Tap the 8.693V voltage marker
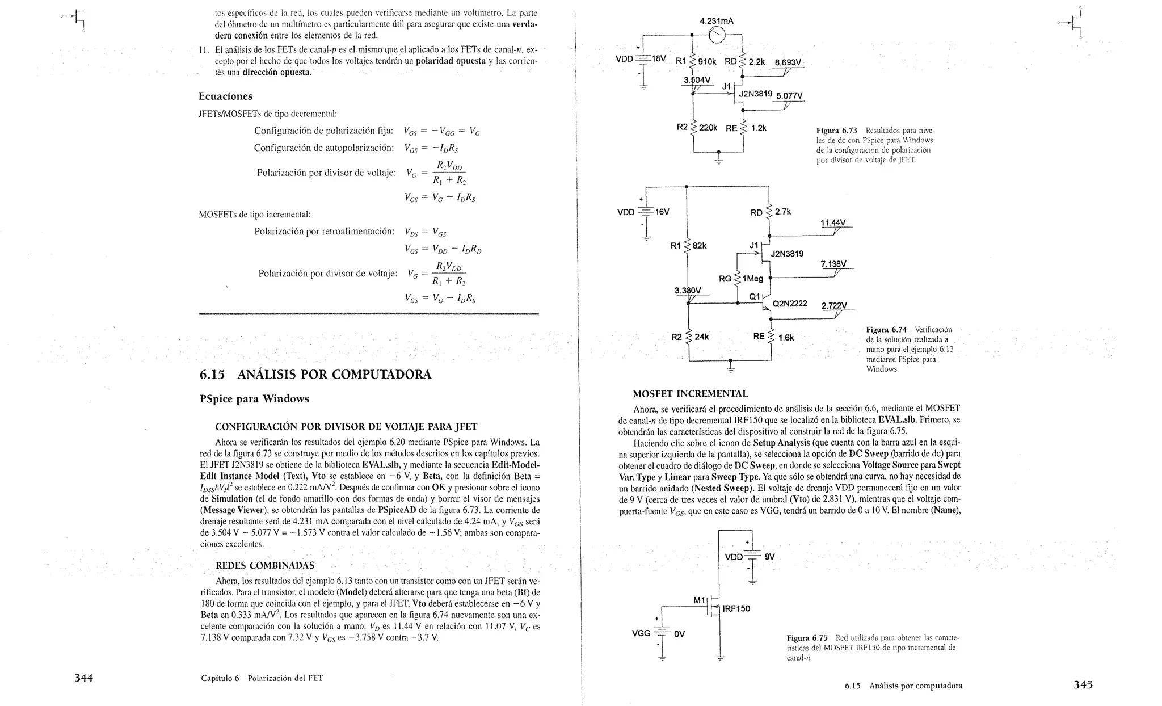coord(788,62)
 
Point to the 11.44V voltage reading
coord(833,222)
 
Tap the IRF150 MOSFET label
coord(736,609)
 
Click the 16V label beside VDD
coord(662,212)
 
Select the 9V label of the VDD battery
coord(769,557)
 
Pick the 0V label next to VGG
coord(679,634)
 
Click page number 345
coord(1083,684)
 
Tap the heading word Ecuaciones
coord(225,96)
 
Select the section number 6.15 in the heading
coord(212,375)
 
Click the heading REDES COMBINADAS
coord(265,565)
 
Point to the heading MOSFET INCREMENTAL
coord(690,393)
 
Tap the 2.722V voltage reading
coord(834,306)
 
